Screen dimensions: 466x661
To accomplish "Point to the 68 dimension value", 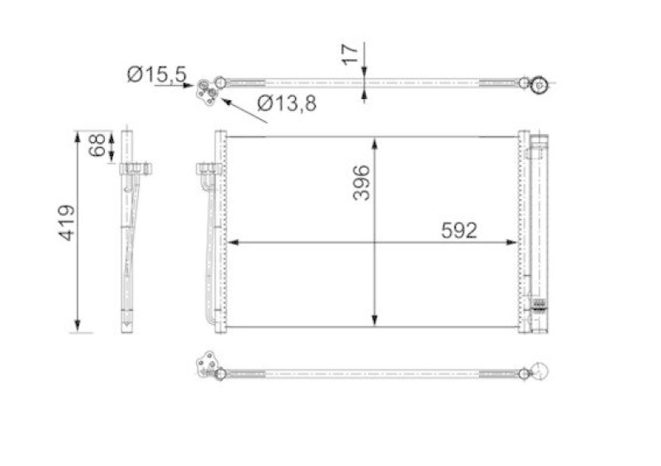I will (97, 146).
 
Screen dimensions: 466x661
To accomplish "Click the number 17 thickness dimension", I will (350, 55).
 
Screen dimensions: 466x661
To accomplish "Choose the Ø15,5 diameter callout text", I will (156, 75).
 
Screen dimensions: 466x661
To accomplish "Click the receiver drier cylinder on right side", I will (539, 231).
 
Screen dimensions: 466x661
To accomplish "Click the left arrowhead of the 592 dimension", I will (231, 242).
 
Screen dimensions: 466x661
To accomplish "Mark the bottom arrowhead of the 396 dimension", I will (376, 321).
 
